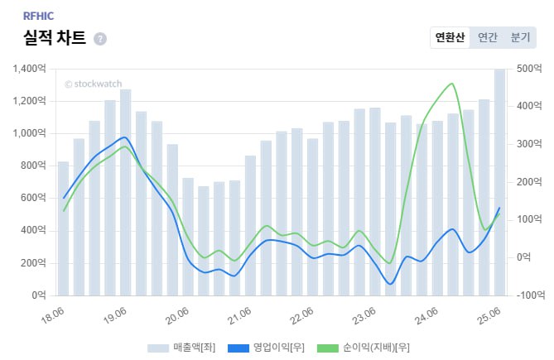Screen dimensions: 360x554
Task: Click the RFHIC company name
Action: [x=38, y=15]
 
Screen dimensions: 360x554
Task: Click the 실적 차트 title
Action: [x=55, y=38]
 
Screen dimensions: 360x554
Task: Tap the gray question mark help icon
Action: [x=100, y=39]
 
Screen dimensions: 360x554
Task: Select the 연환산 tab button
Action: [x=450, y=37]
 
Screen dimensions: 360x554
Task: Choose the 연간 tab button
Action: [x=488, y=37]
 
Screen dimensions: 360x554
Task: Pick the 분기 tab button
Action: [x=520, y=37]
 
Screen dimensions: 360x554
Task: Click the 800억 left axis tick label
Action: [x=34, y=166]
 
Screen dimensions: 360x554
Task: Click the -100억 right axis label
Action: [x=528, y=295]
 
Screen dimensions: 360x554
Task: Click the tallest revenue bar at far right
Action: [x=500, y=182]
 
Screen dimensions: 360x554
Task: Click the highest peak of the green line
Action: [x=450, y=84]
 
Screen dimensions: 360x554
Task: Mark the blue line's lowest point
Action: [x=390, y=284]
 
